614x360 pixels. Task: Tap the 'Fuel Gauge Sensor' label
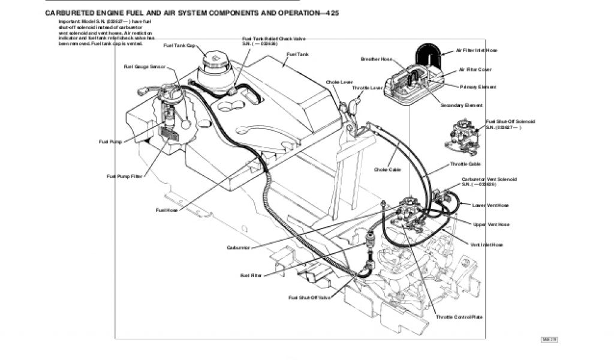click(x=145, y=67)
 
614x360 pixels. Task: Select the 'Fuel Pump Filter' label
click(x=125, y=176)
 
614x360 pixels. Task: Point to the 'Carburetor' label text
click(x=238, y=247)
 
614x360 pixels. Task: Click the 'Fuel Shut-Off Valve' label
click(x=309, y=298)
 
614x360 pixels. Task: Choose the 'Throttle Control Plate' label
click(x=459, y=317)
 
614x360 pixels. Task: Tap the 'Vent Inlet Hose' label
click(x=487, y=245)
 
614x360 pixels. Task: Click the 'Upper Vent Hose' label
click(x=491, y=224)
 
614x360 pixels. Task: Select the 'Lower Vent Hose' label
click(x=490, y=206)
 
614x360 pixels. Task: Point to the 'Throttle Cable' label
click(x=466, y=164)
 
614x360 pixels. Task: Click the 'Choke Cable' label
click(x=387, y=169)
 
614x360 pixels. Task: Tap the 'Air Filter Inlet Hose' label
click(x=477, y=51)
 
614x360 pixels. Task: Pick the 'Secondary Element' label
click(x=462, y=106)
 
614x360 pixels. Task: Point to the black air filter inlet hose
click(x=428, y=54)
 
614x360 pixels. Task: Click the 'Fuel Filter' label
click(x=251, y=275)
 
